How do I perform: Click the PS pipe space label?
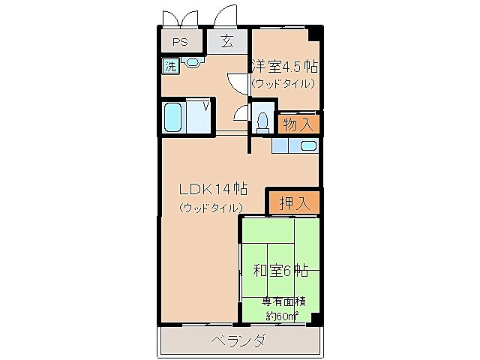pos(180,42)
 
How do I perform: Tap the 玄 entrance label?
pos(226,41)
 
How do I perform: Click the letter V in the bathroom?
pos(205,106)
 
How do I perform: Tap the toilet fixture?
pos(262,121)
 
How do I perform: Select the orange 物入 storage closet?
pos(299,122)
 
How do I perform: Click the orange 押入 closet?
pos(294,202)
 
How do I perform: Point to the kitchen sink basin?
pos(307,146)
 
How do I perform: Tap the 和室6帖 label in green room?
pos(280,271)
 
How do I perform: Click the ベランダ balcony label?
pos(238,341)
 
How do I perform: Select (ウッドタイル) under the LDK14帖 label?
pos(211,207)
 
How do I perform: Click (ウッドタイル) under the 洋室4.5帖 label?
pos(283,83)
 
